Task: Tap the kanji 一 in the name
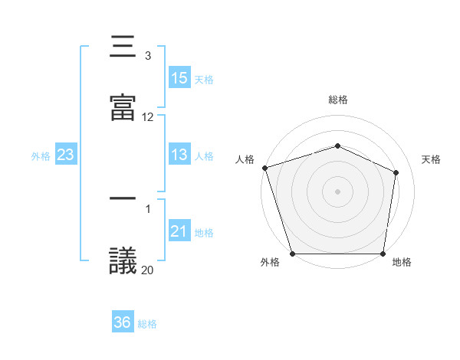[x=123, y=200]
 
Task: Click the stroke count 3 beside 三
[x=148, y=56]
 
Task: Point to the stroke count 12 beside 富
[x=148, y=117]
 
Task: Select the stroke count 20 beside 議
[x=148, y=270]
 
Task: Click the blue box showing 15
[x=179, y=78]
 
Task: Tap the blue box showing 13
[x=179, y=155]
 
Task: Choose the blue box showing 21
[x=179, y=231]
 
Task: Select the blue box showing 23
[x=66, y=155]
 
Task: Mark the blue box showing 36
[x=123, y=322]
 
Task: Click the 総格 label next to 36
[x=147, y=324]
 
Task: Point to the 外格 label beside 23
[x=41, y=155]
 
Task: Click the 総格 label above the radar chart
[x=338, y=100]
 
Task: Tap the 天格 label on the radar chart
[x=432, y=159]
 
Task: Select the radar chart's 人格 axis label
[x=245, y=159]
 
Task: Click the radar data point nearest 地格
[x=383, y=254]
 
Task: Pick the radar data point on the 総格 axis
[x=338, y=146]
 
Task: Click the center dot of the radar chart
[x=338, y=191]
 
